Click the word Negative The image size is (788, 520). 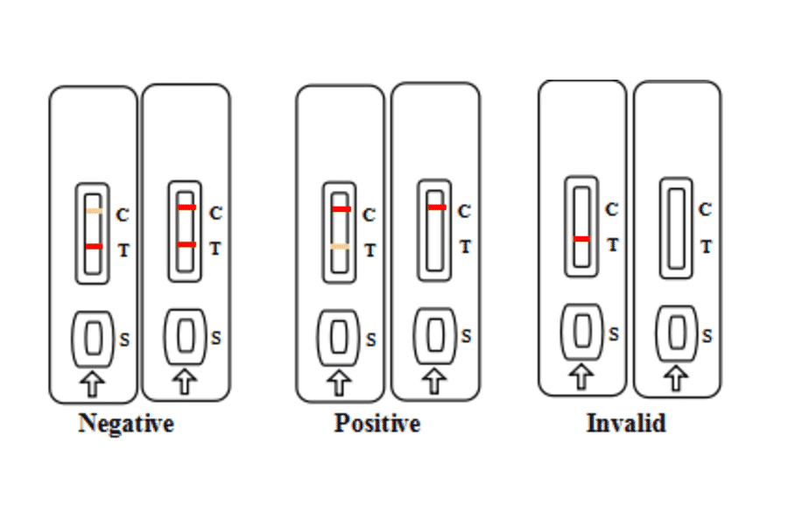tap(126, 424)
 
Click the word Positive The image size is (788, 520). tap(377, 424)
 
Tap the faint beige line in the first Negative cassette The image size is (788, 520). tap(94, 212)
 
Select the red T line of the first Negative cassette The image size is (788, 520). tap(94, 247)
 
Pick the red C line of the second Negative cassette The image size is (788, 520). tap(186, 207)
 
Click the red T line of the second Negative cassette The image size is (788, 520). tap(186, 244)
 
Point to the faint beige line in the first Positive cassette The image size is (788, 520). tap(340, 248)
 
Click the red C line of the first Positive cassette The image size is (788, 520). tap(341, 209)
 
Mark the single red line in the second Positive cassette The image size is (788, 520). tap(436, 207)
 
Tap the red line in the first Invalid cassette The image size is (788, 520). tap(581, 238)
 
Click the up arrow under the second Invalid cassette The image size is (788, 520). tap(675, 378)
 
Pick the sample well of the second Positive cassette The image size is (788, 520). tap(435, 334)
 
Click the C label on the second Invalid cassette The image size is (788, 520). tap(705, 209)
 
